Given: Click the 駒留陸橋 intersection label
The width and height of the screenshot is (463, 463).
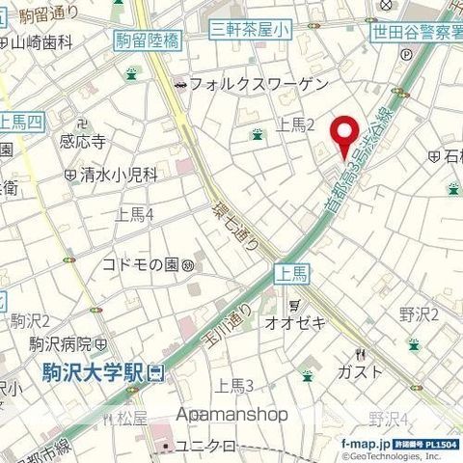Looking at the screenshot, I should pyautogui.click(x=146, y=41).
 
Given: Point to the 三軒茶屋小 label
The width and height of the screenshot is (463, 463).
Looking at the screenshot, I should pyautogui.click(x=250, y=31).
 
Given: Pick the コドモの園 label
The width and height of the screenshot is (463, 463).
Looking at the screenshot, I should pyautogui.click(x=145, y=264).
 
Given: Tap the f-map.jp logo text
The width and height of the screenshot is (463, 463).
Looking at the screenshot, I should pyautogui.click(x=364, y=444).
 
